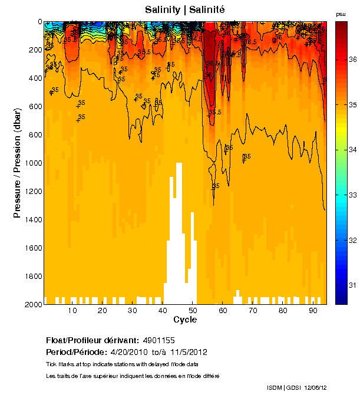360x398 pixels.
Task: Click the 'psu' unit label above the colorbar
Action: (341, 14)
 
